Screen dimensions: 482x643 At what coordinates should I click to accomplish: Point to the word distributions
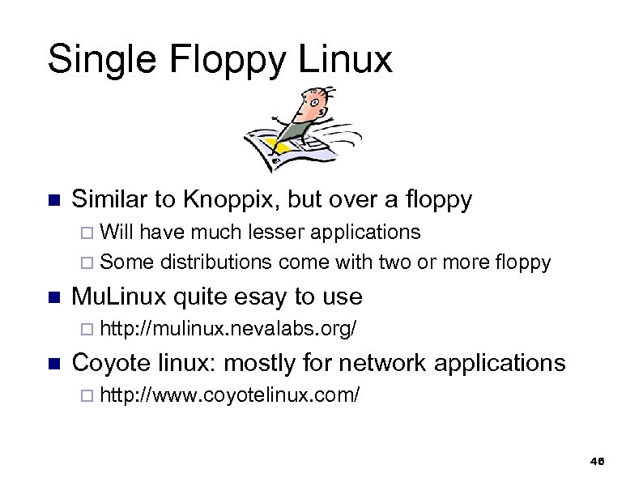(216, 262)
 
